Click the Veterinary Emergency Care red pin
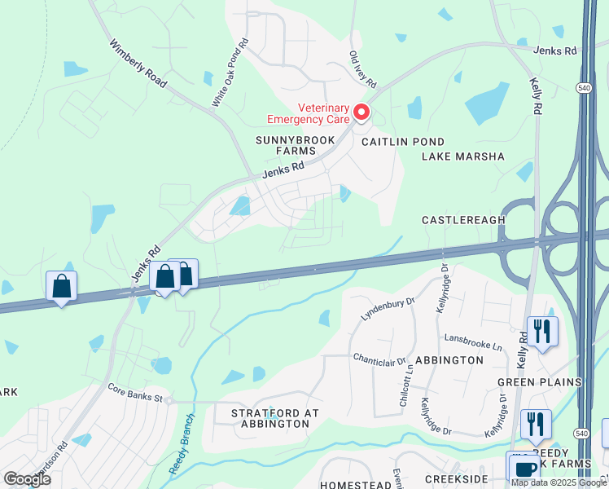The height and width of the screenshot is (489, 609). pyautogui.click(x=360, y=112)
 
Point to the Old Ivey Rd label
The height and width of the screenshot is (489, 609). pyautogui.click(x=362, y=69)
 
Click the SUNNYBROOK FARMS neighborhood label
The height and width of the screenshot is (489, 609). pyautogui.click(x=283, y=145)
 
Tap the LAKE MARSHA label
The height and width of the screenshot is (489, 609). pyautogui.click(x=463, y=156)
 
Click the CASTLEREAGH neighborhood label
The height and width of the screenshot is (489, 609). pyautogui.click(x=463, y=220)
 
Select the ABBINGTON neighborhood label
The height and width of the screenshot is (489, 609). pyautogui.click(x=449, y=359)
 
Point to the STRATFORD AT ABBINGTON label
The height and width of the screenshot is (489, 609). pyautogui.click(x=275, y=418)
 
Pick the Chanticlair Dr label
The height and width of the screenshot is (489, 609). pyautogui.click(x=379, y=359)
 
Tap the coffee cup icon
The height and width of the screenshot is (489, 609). pyautogui.click(x=522, y=469)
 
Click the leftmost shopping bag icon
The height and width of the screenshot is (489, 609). pyautogui.click(x=61, y=286)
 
